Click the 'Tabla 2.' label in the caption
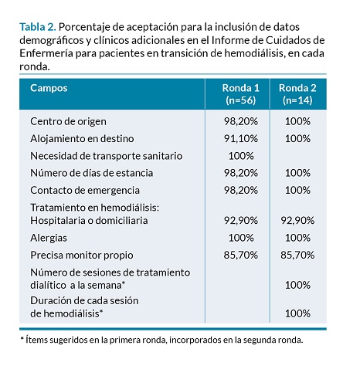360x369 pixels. point(38,27)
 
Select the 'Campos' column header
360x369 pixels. point(49,88)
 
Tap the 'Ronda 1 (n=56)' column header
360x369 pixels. point(241,94)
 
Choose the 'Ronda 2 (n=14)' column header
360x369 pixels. point(297,94)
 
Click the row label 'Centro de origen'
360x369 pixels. point(68,121)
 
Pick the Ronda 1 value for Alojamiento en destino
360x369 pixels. point(241,139)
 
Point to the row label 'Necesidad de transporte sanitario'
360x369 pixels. point(107,156)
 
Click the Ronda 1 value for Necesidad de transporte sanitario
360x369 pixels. point(241,156)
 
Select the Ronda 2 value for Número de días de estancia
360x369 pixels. point(297,173)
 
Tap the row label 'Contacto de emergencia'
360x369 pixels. point(85,191)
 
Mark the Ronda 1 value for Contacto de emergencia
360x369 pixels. point(241,191)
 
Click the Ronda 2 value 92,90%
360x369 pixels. point(297,221)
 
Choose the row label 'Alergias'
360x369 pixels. point(49,238)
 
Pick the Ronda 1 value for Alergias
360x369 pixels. point(241,238)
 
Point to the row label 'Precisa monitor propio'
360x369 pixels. point(82,256)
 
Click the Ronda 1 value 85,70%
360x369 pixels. point(241,256)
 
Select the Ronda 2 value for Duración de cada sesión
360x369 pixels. point(297,313)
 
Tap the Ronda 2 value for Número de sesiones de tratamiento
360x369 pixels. point(297,286)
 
